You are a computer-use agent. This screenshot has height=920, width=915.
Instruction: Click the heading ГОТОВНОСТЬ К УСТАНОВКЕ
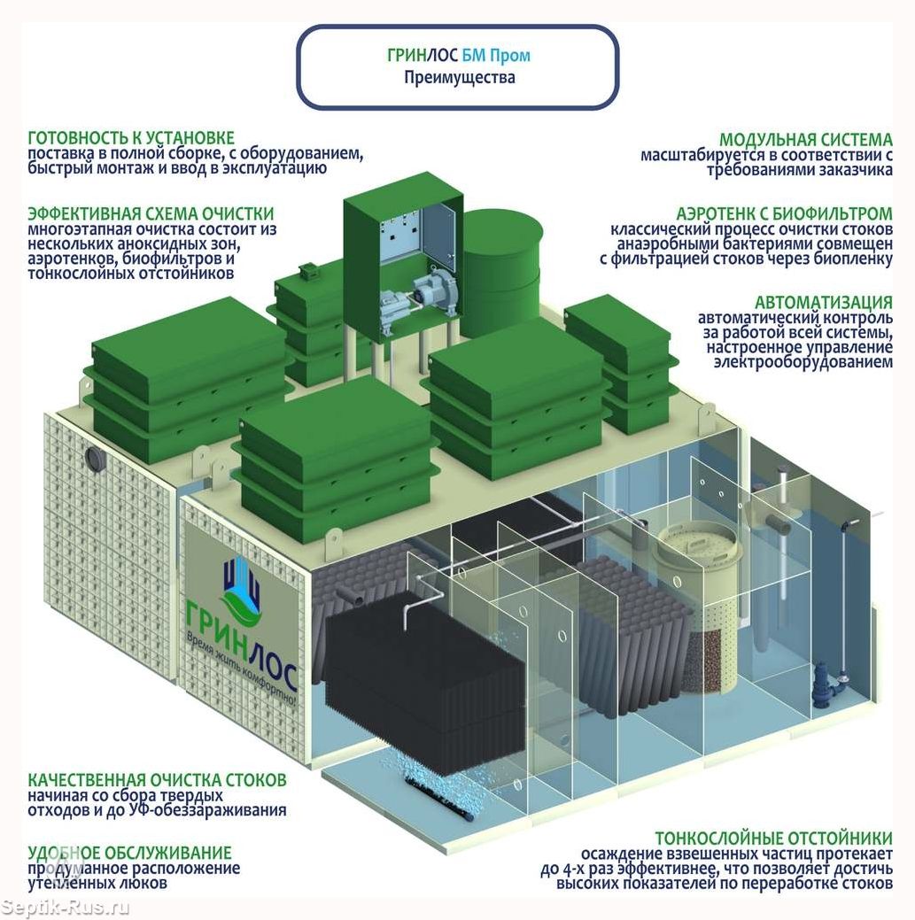[131, 138]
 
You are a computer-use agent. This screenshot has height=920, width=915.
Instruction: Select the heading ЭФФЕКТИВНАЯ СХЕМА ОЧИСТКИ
[151, 214]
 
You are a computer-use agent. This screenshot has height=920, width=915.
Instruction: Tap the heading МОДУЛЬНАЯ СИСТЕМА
[805, 140]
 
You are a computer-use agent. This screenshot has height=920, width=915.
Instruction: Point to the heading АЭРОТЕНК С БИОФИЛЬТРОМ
[784, 214]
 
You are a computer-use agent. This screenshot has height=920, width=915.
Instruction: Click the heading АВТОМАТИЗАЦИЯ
[823, 303]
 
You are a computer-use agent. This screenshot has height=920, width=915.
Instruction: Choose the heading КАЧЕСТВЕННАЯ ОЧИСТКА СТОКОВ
[158, 780]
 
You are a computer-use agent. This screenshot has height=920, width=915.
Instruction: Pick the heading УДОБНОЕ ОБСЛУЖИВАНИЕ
[129, 853]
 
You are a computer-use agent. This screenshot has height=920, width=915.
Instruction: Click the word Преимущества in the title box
[459, 78]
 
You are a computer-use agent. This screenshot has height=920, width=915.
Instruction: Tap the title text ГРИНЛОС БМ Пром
[459, 56]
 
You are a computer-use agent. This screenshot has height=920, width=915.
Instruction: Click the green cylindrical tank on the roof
[501, 270]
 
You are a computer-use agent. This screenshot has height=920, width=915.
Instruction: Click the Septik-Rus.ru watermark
[66, 908]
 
